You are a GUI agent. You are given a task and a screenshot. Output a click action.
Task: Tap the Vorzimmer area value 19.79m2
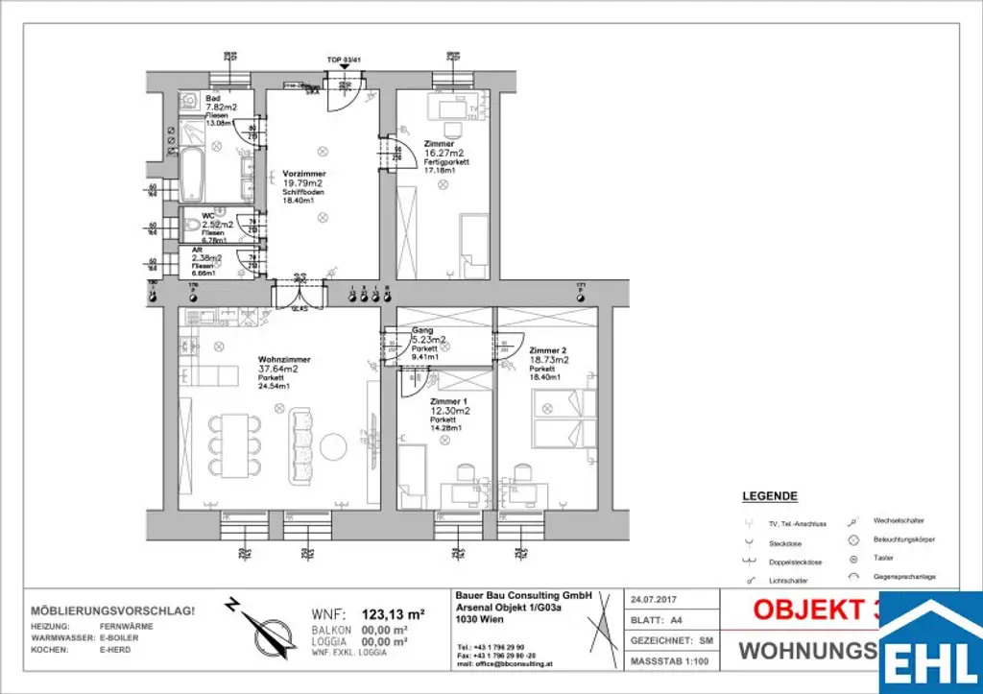click(x=301, y=182)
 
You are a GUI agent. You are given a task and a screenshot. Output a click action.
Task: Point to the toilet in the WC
click(x=195, y=227)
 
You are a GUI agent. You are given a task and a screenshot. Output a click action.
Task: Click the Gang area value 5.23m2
click(x=428, y=339)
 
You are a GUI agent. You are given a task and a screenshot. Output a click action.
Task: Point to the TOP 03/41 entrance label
click(x=344, y=60)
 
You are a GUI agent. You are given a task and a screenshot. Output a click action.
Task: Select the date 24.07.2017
click(x=652, y=599)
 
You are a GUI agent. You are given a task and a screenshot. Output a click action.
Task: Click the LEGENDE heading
click(x=770, y=496)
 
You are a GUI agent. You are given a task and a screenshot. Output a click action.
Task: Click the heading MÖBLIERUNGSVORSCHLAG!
click(x=113, y=610)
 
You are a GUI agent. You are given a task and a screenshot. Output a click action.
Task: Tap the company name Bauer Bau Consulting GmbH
click(x=523, y=595)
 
